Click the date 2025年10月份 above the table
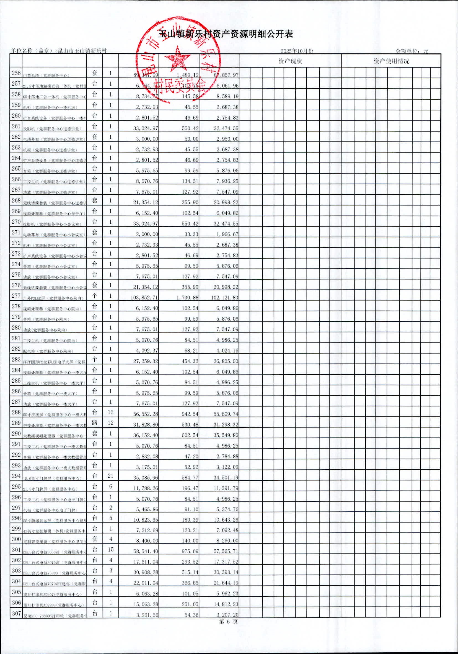click(297, 51)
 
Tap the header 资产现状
click(290, 61)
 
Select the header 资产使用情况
click(391, 61)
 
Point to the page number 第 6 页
click(228, 622)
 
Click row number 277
click(16, 296)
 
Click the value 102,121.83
click(225, 298)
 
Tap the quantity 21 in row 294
click(110, 476)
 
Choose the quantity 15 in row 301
click(110, 550)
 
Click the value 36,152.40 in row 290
click(146, 435)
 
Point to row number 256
click(16, 73)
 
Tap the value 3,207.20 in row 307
click(227, 615)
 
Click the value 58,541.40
click(146, 552)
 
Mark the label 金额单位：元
click(412, 51)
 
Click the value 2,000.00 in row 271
click(147, 234)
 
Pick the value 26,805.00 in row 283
click(226, 361)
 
